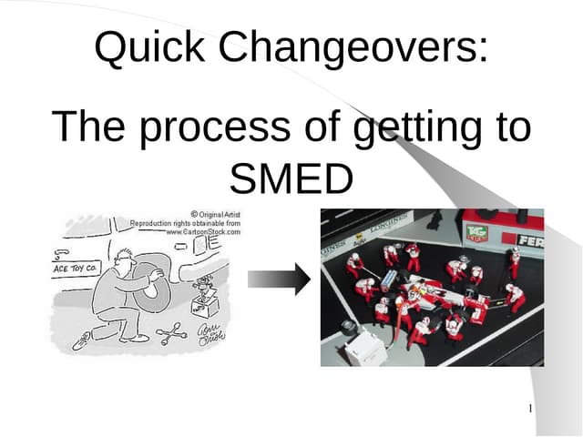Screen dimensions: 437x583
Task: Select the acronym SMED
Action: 291,178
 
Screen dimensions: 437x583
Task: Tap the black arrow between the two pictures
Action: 279,281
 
